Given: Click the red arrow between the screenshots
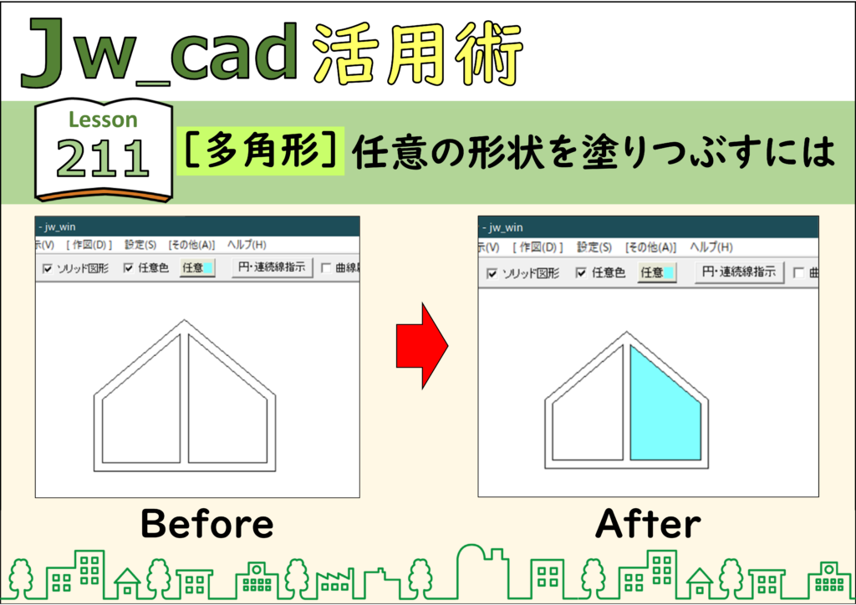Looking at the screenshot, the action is (422, 346).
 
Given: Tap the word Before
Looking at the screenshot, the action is (207, 524).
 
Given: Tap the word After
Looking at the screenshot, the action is (648, 524).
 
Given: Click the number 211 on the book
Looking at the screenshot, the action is (103, 158).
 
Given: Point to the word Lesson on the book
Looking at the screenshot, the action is (103, 119).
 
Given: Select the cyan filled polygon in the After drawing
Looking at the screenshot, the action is (665, 403).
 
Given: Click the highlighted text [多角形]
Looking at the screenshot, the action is (261, 151).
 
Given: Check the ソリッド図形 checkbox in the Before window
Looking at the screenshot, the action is (48, 268).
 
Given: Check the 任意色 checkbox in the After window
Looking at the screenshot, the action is (581, 272).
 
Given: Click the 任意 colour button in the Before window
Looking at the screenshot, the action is (197, 268).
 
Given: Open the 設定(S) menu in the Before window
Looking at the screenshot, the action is (140, 245).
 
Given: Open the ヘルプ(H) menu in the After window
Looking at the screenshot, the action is (711, 247).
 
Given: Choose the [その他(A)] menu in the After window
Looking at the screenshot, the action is (650, 247).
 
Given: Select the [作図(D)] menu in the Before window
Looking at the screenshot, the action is (89, 245).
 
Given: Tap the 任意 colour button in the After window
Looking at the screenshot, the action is (657, 272).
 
